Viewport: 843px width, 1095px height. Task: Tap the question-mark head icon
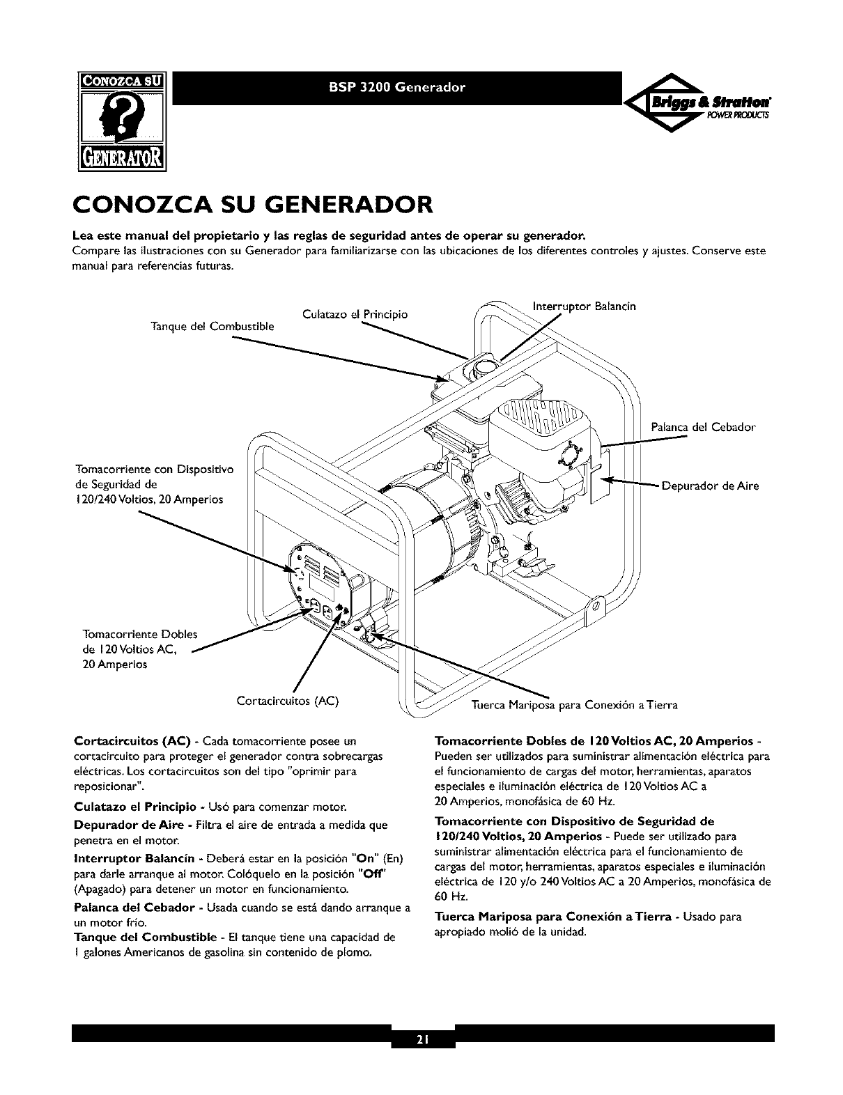point(123,122)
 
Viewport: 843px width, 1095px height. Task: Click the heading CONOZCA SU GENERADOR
point(253,206)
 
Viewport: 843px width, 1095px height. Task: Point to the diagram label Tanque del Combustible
point(212,326)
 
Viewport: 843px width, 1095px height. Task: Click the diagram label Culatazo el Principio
point(355,314)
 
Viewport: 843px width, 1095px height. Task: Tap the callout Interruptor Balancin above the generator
point(584,306)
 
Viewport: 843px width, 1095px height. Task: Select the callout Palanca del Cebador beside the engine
point(703,426)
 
